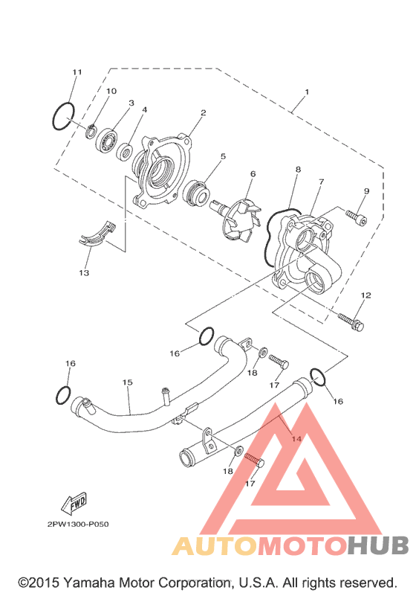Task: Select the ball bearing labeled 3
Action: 107,139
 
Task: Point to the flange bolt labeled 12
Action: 351,321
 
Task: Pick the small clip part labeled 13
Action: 97,235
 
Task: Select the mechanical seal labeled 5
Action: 195,193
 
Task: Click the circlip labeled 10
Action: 91,131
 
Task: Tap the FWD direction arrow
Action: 74,504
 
